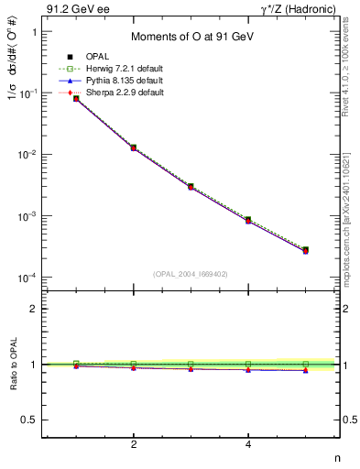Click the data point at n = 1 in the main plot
[x=77, y=98]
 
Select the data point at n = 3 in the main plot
[x=191, y=187]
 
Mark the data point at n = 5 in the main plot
[x=305, y=250]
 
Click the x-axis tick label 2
[x=134, y=444]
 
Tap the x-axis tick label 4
[x=248, y=444]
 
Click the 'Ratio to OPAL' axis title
[x=11, y=364]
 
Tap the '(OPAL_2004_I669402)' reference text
[x=190, y=273]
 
